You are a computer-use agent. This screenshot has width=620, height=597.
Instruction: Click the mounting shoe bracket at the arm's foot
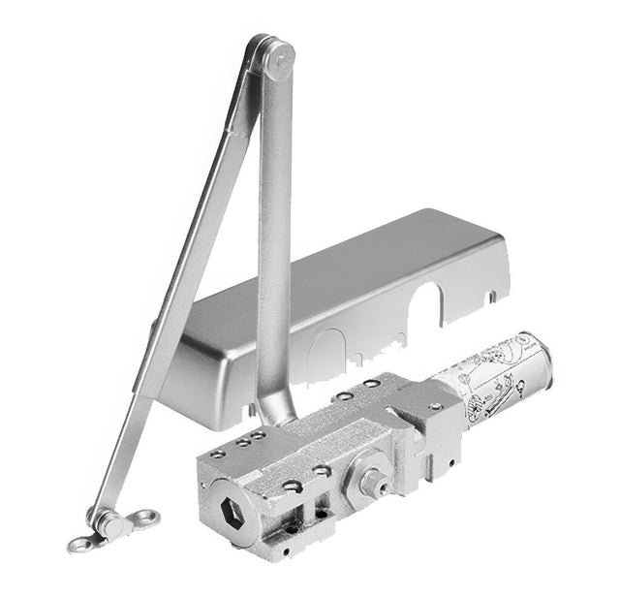[x=111, y=524]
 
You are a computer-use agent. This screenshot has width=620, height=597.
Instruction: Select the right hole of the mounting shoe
[x=146, y=516]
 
